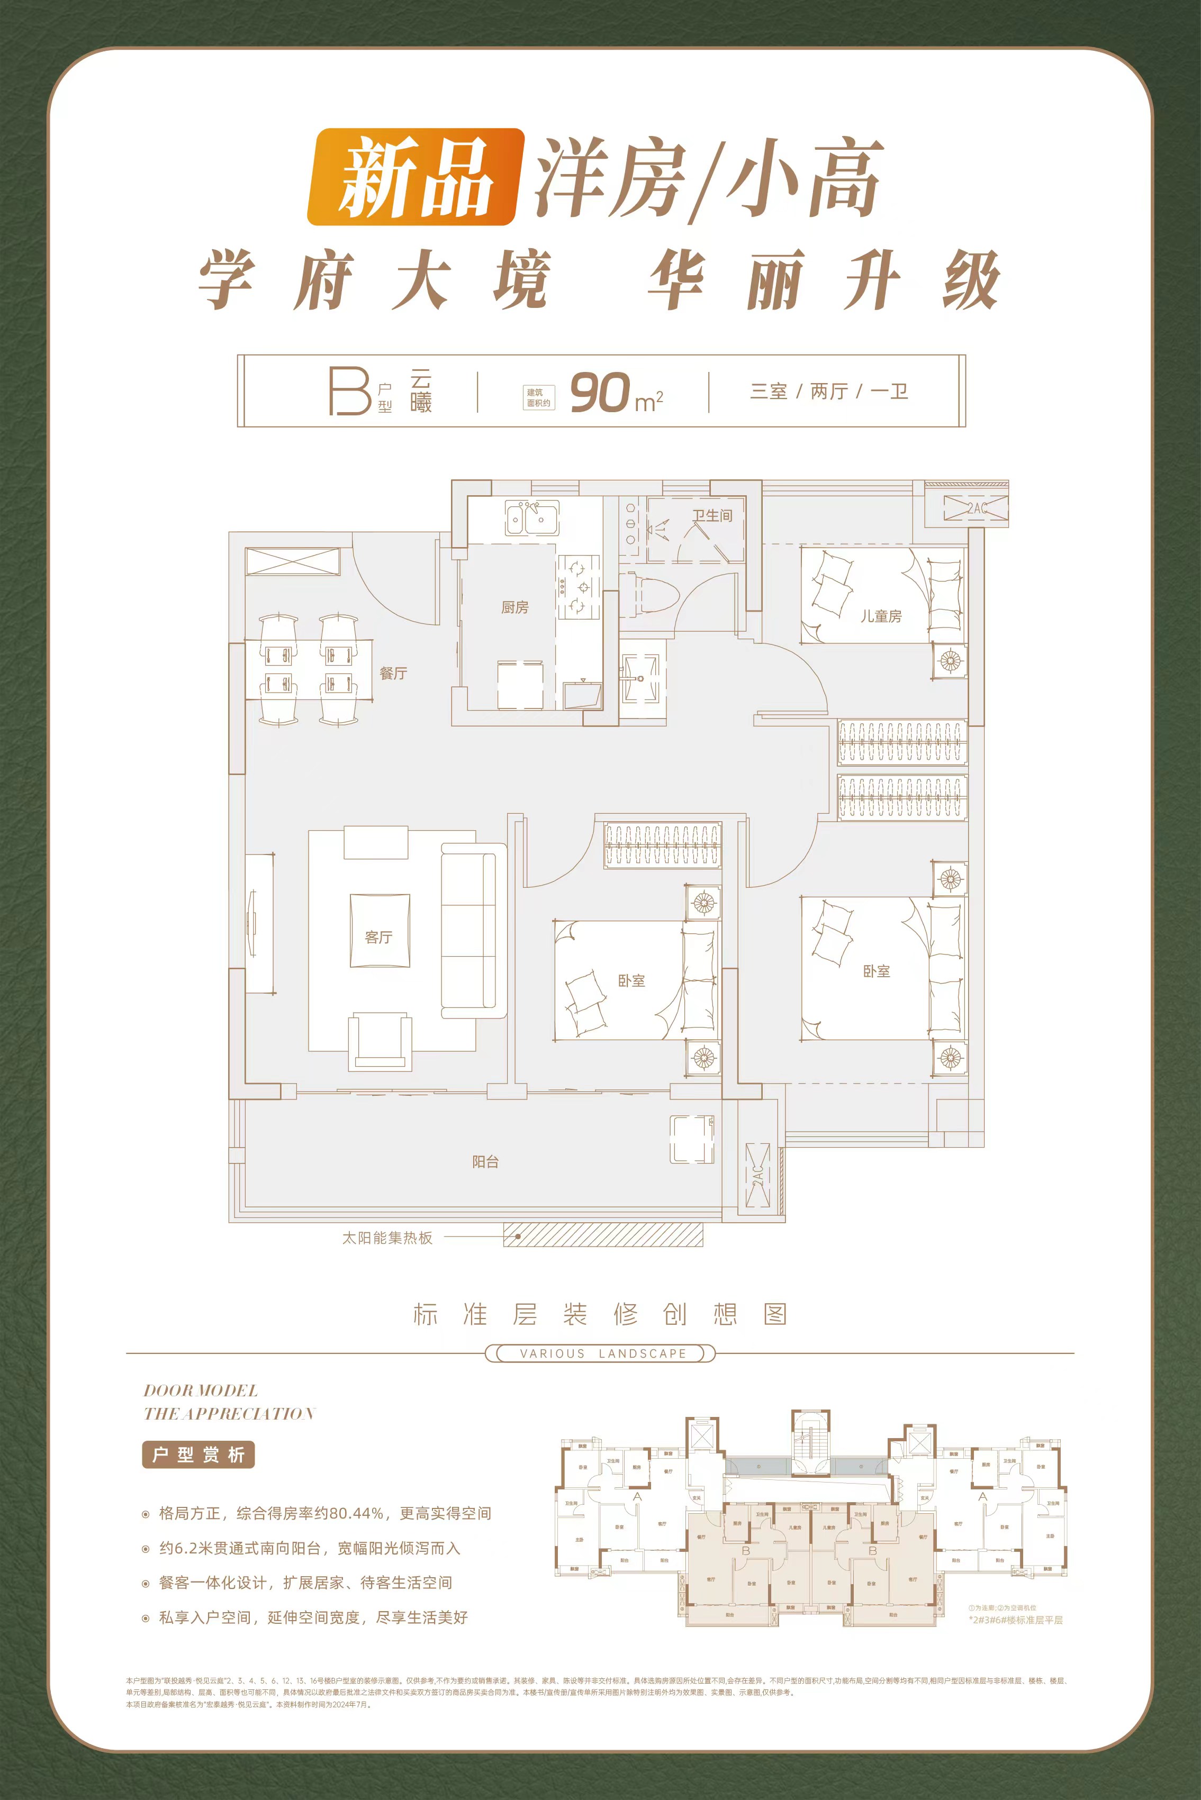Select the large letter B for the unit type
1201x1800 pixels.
(x=348, y=391)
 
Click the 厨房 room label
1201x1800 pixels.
(x=514, y=607)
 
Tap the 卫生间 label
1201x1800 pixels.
(x=712, y=515)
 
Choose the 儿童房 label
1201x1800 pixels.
(x=881, y=615)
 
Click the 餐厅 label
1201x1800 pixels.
(x=393, y=673)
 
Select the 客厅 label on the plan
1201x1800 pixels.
(x=378, y=937)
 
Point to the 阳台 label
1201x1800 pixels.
(x=485, y=1161)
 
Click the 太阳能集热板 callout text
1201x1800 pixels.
(x=387, y=1237)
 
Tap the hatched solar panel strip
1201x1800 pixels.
(x=603, y=1235)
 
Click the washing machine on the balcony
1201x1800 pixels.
(x=692, y=1139)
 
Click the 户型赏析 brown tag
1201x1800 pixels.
(x=197, y=1454)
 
